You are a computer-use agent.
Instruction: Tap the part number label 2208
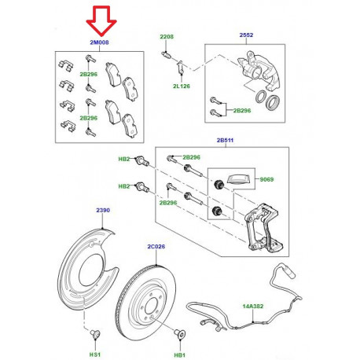pos(167,37)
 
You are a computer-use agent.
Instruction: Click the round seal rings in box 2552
pos(267,101)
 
